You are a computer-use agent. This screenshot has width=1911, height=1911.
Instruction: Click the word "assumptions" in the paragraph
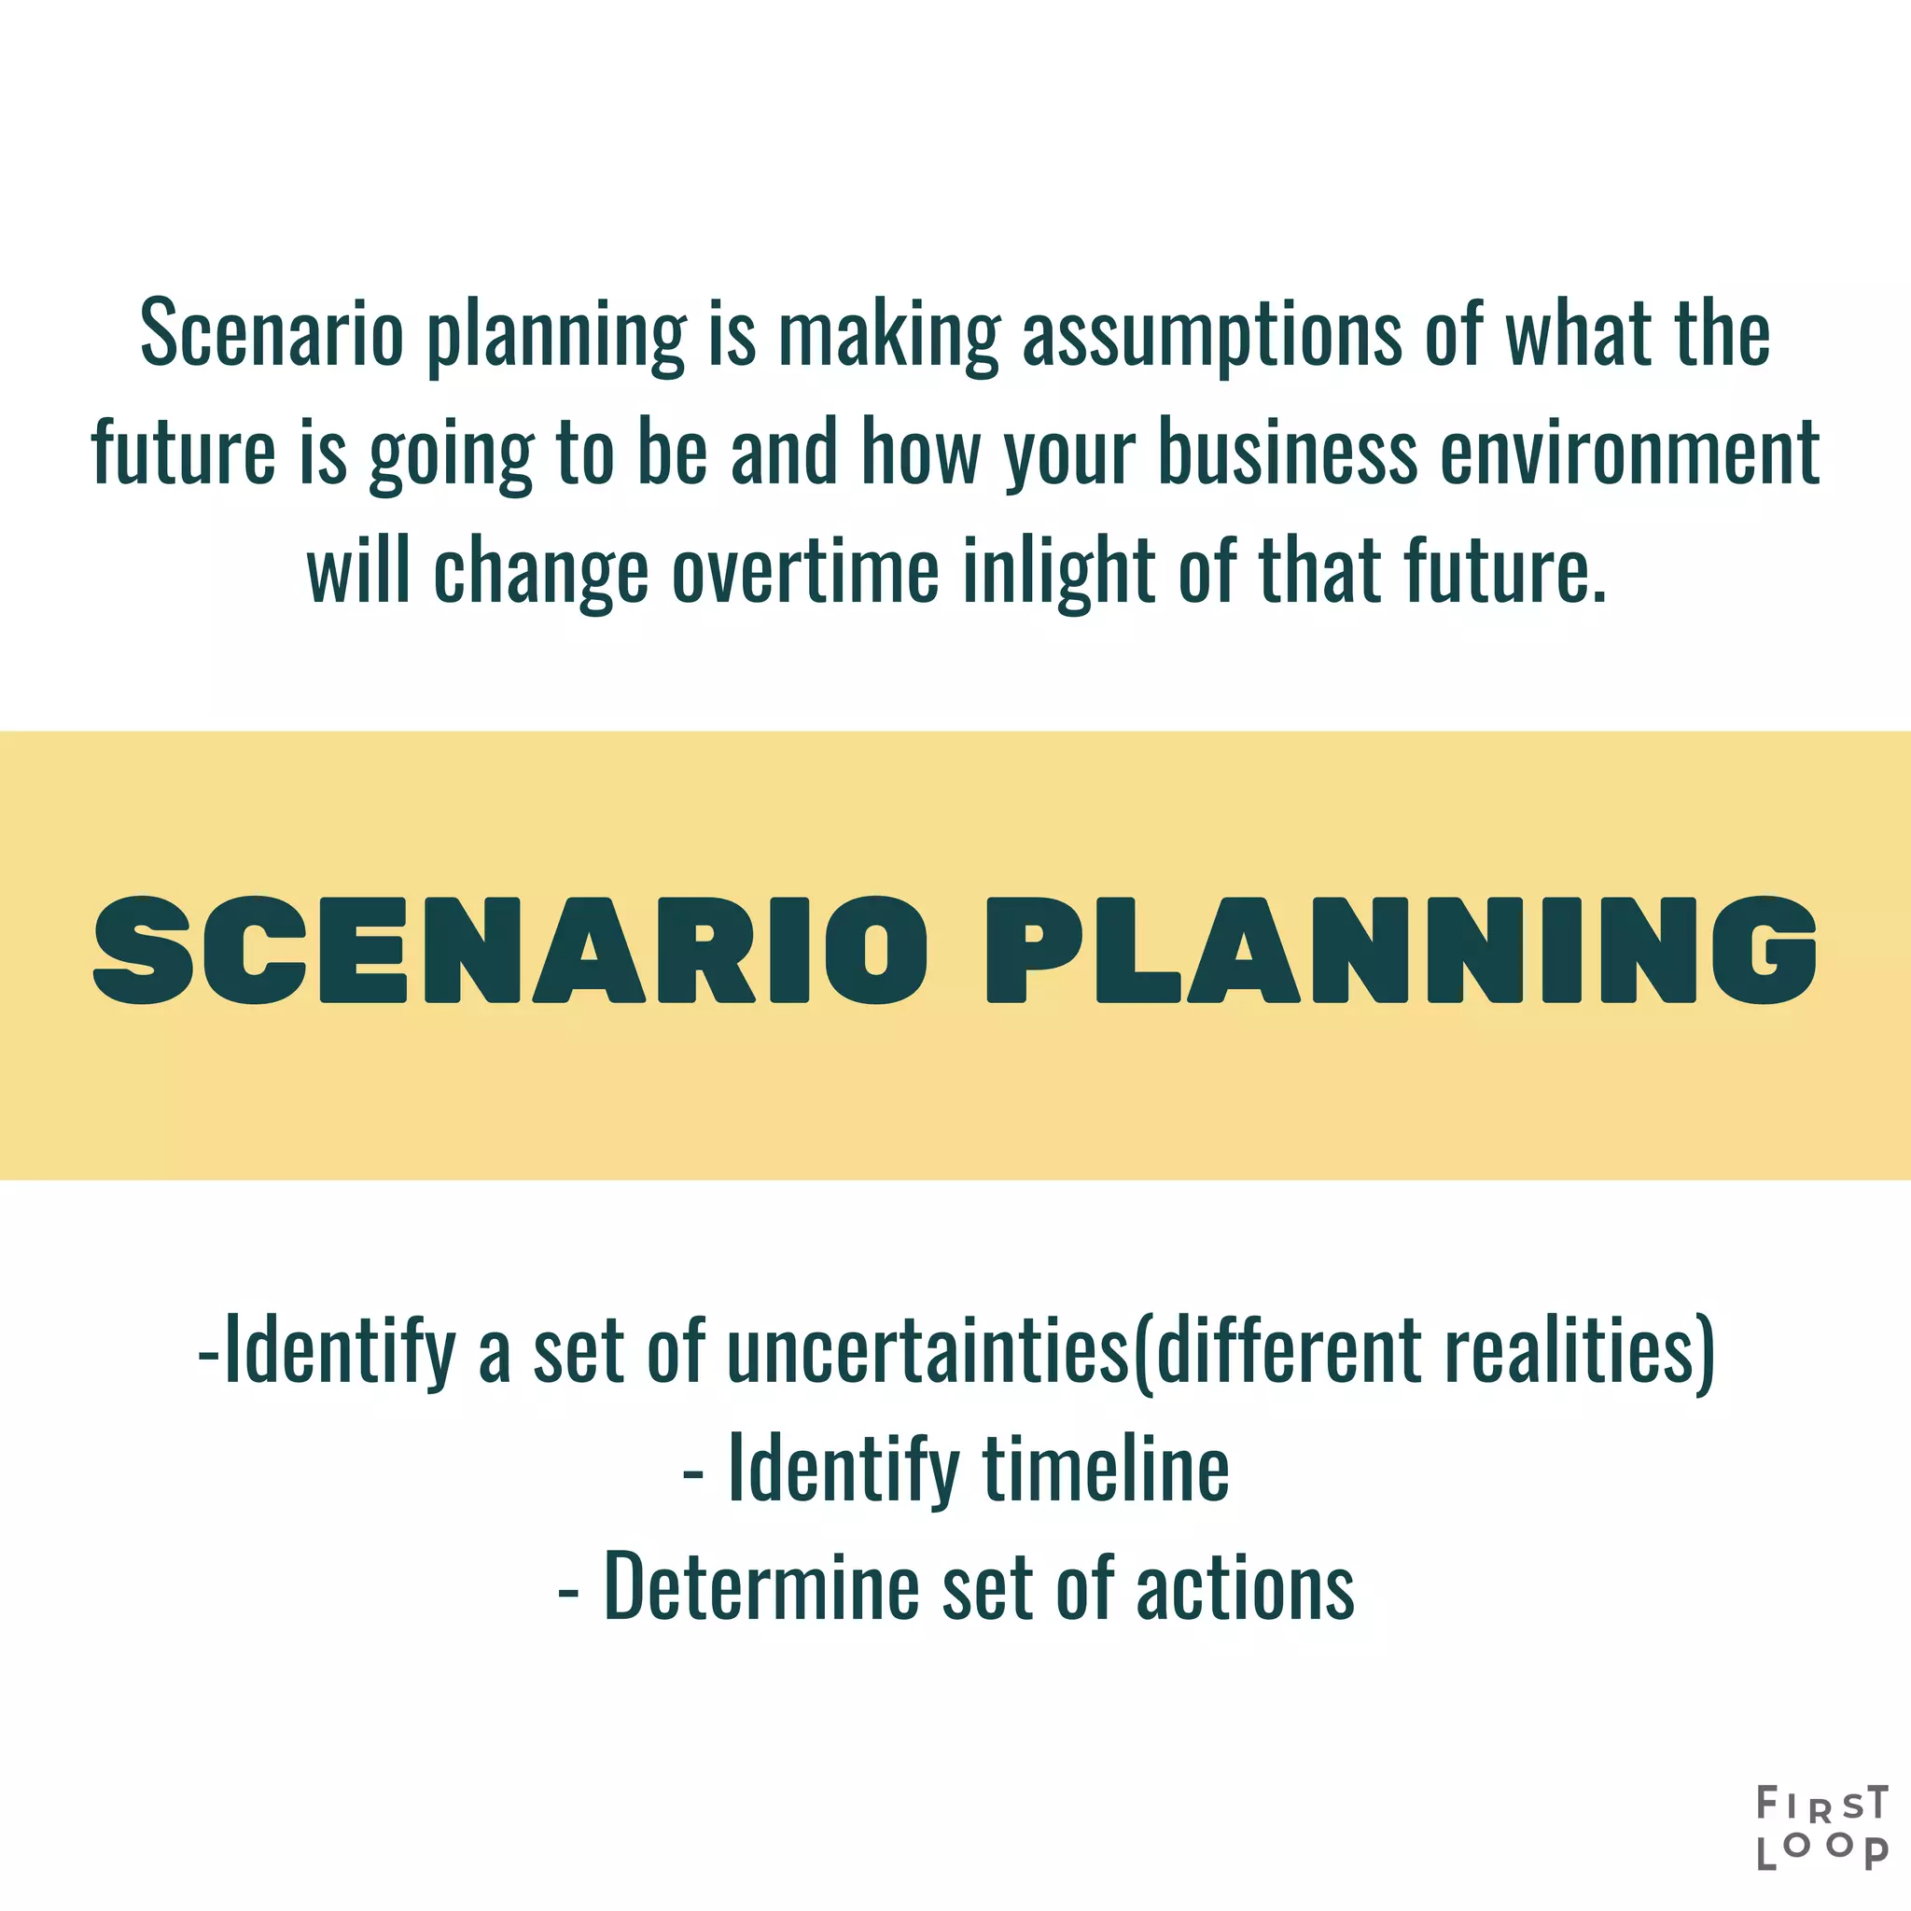coord(1210,334)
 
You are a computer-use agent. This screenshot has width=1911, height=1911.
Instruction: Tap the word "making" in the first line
coord(889,334)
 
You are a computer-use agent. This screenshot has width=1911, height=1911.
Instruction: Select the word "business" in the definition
coord(1287,453)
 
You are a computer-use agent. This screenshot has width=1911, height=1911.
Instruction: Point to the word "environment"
coord(1629,453)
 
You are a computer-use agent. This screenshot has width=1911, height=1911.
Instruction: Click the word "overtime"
coord(805,571)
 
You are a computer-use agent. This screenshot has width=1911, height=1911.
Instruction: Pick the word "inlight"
coord(1058,571)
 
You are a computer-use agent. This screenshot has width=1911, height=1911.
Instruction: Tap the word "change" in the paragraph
coord(541,571)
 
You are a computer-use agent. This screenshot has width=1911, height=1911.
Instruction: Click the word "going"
coord(451,453)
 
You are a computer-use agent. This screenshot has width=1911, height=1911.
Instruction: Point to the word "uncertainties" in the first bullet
coord(928,1350)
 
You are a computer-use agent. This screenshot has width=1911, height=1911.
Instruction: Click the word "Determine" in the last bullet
coord(761,1586)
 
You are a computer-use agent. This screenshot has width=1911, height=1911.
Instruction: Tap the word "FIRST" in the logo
coord(1822,1803)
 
